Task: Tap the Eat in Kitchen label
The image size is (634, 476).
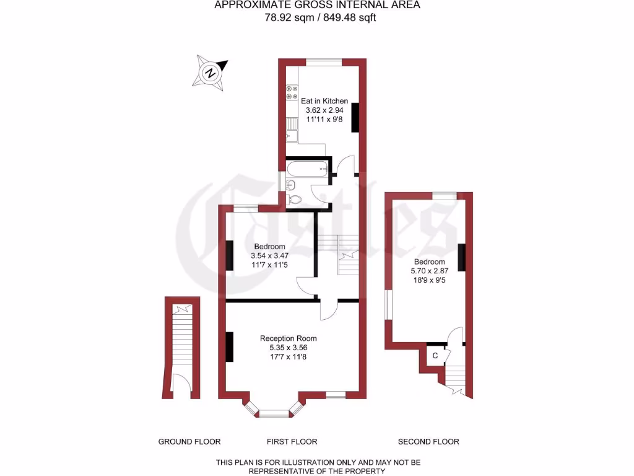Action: (324, 100)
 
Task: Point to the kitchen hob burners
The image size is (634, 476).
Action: (292, 93)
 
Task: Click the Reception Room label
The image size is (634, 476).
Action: (288, 338)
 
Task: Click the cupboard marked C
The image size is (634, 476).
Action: (435, 356)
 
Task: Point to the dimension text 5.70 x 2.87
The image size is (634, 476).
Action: (428, 270)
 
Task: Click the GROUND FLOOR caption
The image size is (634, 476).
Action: (189, 442)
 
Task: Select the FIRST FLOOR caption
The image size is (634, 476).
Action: (292, 442)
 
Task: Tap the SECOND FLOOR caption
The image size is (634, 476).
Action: (428, 442)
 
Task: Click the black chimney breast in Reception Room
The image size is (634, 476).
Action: (229, 347)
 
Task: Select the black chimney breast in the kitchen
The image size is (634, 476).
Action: (355, 118)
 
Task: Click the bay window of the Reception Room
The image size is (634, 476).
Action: (273, 412)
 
